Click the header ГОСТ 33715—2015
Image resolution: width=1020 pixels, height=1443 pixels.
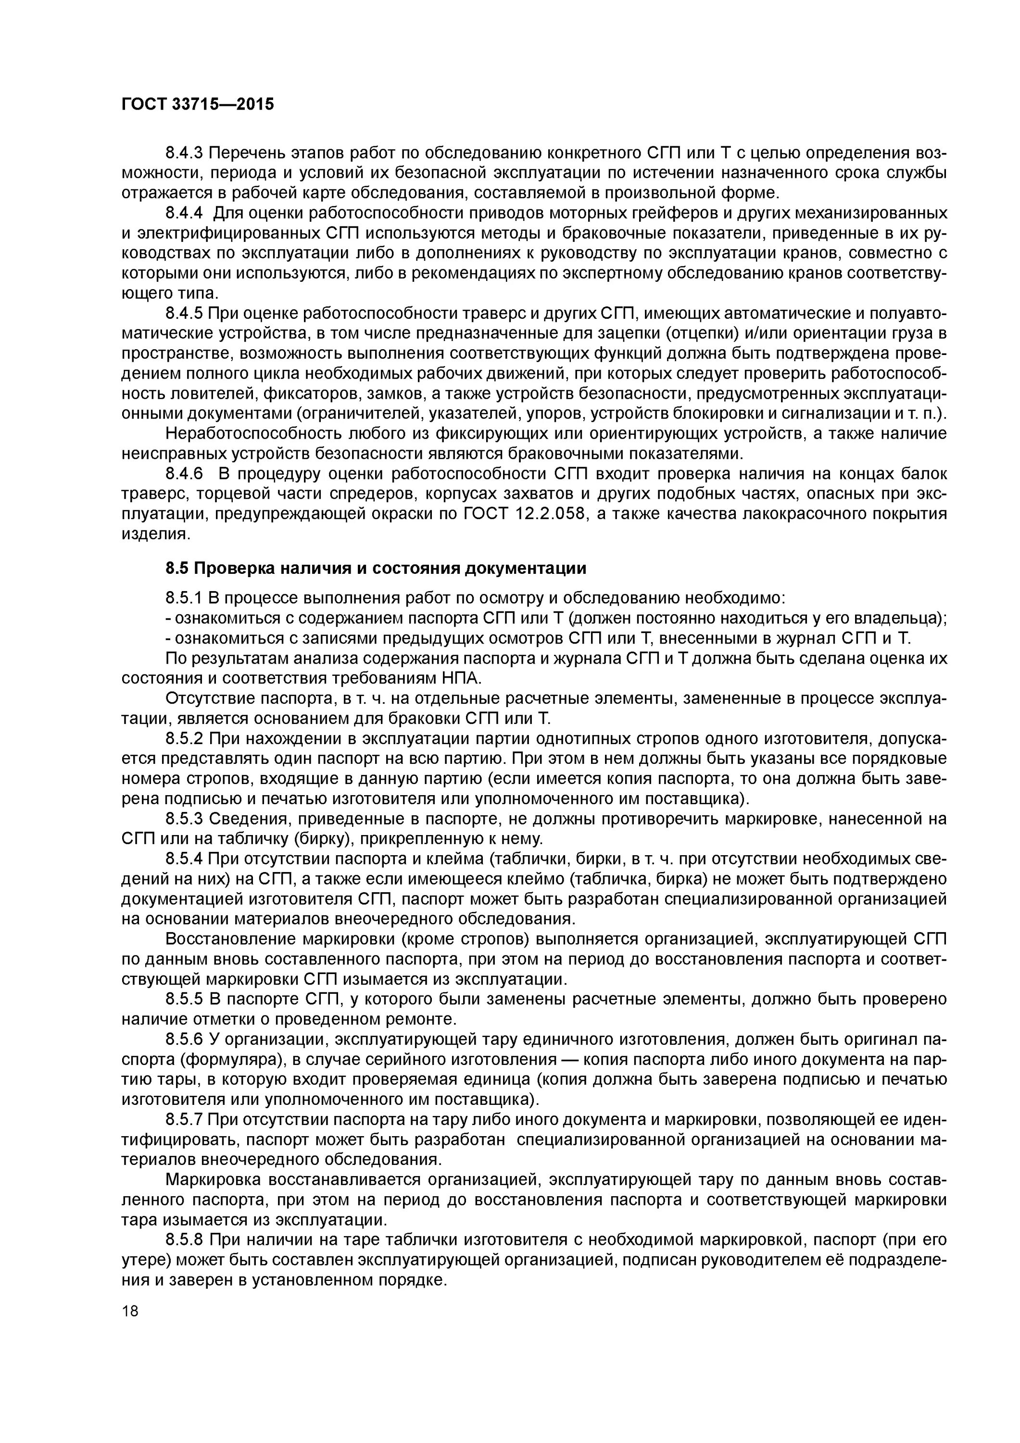click(197, 104)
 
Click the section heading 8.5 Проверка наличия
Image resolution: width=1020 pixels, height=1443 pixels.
click(375, 568)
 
